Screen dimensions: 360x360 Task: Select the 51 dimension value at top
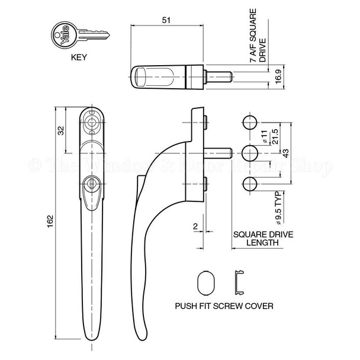point(166,20)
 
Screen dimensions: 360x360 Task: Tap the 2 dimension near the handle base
point(194,226)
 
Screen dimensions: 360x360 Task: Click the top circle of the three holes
point(250,124)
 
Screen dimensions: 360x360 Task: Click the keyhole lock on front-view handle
point(91,184)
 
